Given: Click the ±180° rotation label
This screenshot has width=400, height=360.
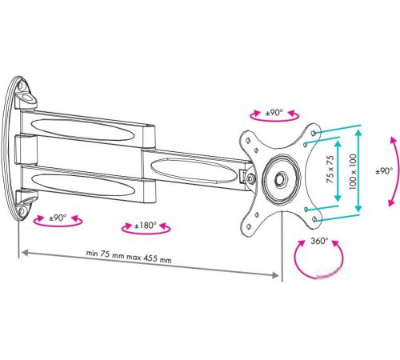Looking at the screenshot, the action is pos(146,226).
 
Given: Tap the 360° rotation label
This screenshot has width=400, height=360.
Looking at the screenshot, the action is pos(319,241).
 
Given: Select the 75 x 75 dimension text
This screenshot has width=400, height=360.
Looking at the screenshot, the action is pos(330,170).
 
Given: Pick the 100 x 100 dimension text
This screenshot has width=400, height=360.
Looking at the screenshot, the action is pos(353,172).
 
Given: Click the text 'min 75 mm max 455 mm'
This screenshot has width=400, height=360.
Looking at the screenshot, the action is pos(129,256).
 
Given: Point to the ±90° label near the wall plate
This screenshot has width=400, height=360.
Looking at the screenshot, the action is pos(58,218).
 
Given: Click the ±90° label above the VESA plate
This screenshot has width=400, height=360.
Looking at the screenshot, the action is pos(274,113).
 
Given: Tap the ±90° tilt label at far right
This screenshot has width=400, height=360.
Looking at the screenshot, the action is pos(384,170).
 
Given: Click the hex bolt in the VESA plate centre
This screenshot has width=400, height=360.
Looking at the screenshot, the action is pos(281,178).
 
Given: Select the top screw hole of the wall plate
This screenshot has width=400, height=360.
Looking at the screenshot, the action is pos(21,86).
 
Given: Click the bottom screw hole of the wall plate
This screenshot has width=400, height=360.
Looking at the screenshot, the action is pos(22,211).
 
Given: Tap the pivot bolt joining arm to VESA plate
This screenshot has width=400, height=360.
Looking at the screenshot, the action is pos(250,178).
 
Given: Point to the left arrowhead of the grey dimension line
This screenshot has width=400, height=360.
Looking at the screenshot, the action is pos(25,252).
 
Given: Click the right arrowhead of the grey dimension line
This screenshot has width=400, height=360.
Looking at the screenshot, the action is pos(275,275).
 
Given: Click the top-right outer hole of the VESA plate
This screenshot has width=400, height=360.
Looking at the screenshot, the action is pos(314,133).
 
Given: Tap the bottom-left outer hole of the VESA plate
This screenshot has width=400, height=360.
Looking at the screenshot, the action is pos(249,226).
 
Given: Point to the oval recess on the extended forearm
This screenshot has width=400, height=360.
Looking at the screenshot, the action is pos(194,170).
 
